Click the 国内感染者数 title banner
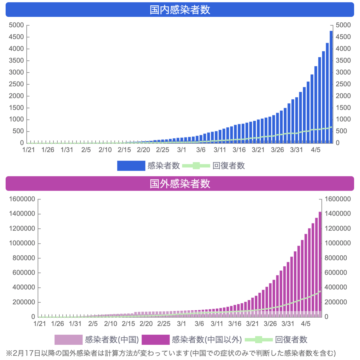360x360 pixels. (180, 10)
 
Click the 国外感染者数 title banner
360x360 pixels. (180, 184)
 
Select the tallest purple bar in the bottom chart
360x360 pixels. (320, 264)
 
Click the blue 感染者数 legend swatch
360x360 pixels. (131, 166)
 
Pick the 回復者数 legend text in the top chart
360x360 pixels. (228, 166)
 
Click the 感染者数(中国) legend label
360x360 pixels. (112, 339)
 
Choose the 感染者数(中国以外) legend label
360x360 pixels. (207, 339)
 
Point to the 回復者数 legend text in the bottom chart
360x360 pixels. (291, 339)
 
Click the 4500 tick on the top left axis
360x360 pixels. (16, 37)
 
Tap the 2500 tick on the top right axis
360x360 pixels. (343, 84)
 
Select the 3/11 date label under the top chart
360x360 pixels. (220, 150)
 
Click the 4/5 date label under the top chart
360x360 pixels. (316, 150)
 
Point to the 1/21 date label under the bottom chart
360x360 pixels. (40, 324)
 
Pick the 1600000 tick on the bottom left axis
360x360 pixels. (22, 199)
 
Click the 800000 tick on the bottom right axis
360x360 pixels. (336, 258)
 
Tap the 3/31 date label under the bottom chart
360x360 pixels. (288, 324)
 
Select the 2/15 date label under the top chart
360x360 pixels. (124, 150)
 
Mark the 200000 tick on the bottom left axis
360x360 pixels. (24, 302)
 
